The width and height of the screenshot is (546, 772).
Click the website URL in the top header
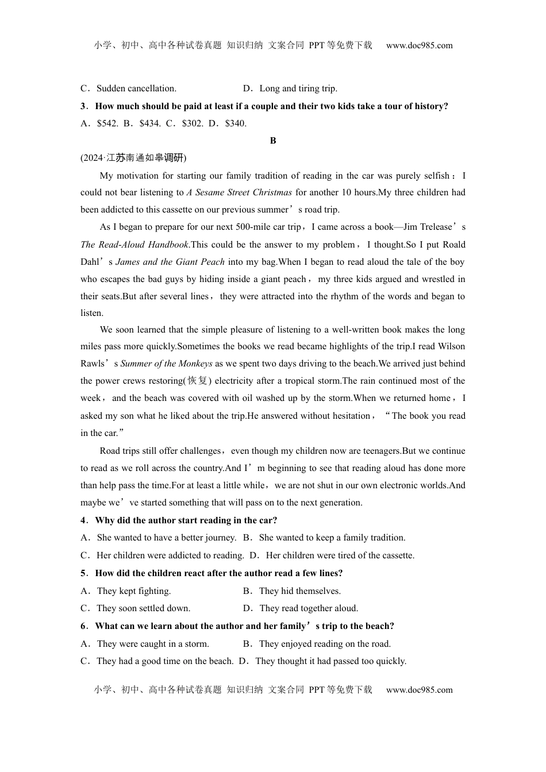pos(419,45)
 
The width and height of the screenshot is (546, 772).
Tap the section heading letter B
pos(273,140)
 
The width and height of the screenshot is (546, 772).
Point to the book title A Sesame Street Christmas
pos(239,192)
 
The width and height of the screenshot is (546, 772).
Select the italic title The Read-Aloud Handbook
pos(134,245)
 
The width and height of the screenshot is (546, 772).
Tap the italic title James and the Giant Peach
pos(170,262)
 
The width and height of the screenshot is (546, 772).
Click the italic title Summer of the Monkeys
pos(167,364)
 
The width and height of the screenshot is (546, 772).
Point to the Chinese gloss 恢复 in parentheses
pos(199,381)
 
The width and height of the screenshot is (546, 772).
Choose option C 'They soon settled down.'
pos(143,608)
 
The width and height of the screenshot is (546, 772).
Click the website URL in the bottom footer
pos(419,690)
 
